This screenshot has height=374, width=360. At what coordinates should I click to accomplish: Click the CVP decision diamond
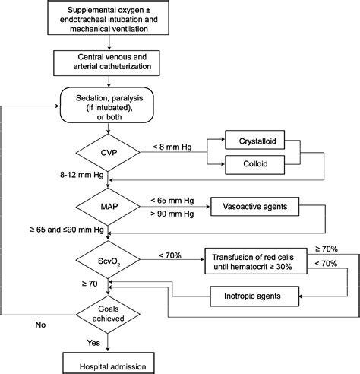pos(108,153)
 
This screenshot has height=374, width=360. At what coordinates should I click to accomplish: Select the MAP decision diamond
pos(108,207)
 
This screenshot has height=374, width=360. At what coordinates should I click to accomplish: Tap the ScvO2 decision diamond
pos(108,260)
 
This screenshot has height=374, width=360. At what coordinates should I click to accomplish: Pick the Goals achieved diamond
pos(108,315)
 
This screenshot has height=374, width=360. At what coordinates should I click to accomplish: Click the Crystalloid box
pos(255,140)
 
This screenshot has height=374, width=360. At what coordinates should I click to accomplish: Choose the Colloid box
pos(255,165)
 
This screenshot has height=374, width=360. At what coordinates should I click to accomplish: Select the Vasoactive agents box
pos(255,207)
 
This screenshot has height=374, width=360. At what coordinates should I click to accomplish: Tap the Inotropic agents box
pos(254,296)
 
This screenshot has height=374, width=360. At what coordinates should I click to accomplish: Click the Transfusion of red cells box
pos(256,261)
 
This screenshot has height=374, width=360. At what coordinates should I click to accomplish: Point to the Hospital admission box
pos(109,363)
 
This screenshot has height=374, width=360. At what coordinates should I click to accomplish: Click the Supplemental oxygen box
pos(109,17)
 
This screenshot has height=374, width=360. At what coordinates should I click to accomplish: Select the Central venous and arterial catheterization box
pos(106,63)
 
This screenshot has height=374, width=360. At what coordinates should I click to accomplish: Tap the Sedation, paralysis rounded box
pos(107,105)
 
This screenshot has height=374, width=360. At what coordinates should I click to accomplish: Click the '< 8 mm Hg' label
pos(172,147)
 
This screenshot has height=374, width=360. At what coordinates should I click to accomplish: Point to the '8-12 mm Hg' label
pos(82,175)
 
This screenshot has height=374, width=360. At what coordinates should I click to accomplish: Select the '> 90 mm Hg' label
pos(172,214)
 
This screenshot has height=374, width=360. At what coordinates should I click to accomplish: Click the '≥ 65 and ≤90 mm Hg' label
pos(67,230)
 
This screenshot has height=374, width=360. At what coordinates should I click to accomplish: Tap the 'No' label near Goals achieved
pos(40,325)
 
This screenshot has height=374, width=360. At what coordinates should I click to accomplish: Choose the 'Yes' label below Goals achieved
pos(93,343)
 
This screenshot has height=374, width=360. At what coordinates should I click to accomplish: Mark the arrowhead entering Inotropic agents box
pos(301,296)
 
